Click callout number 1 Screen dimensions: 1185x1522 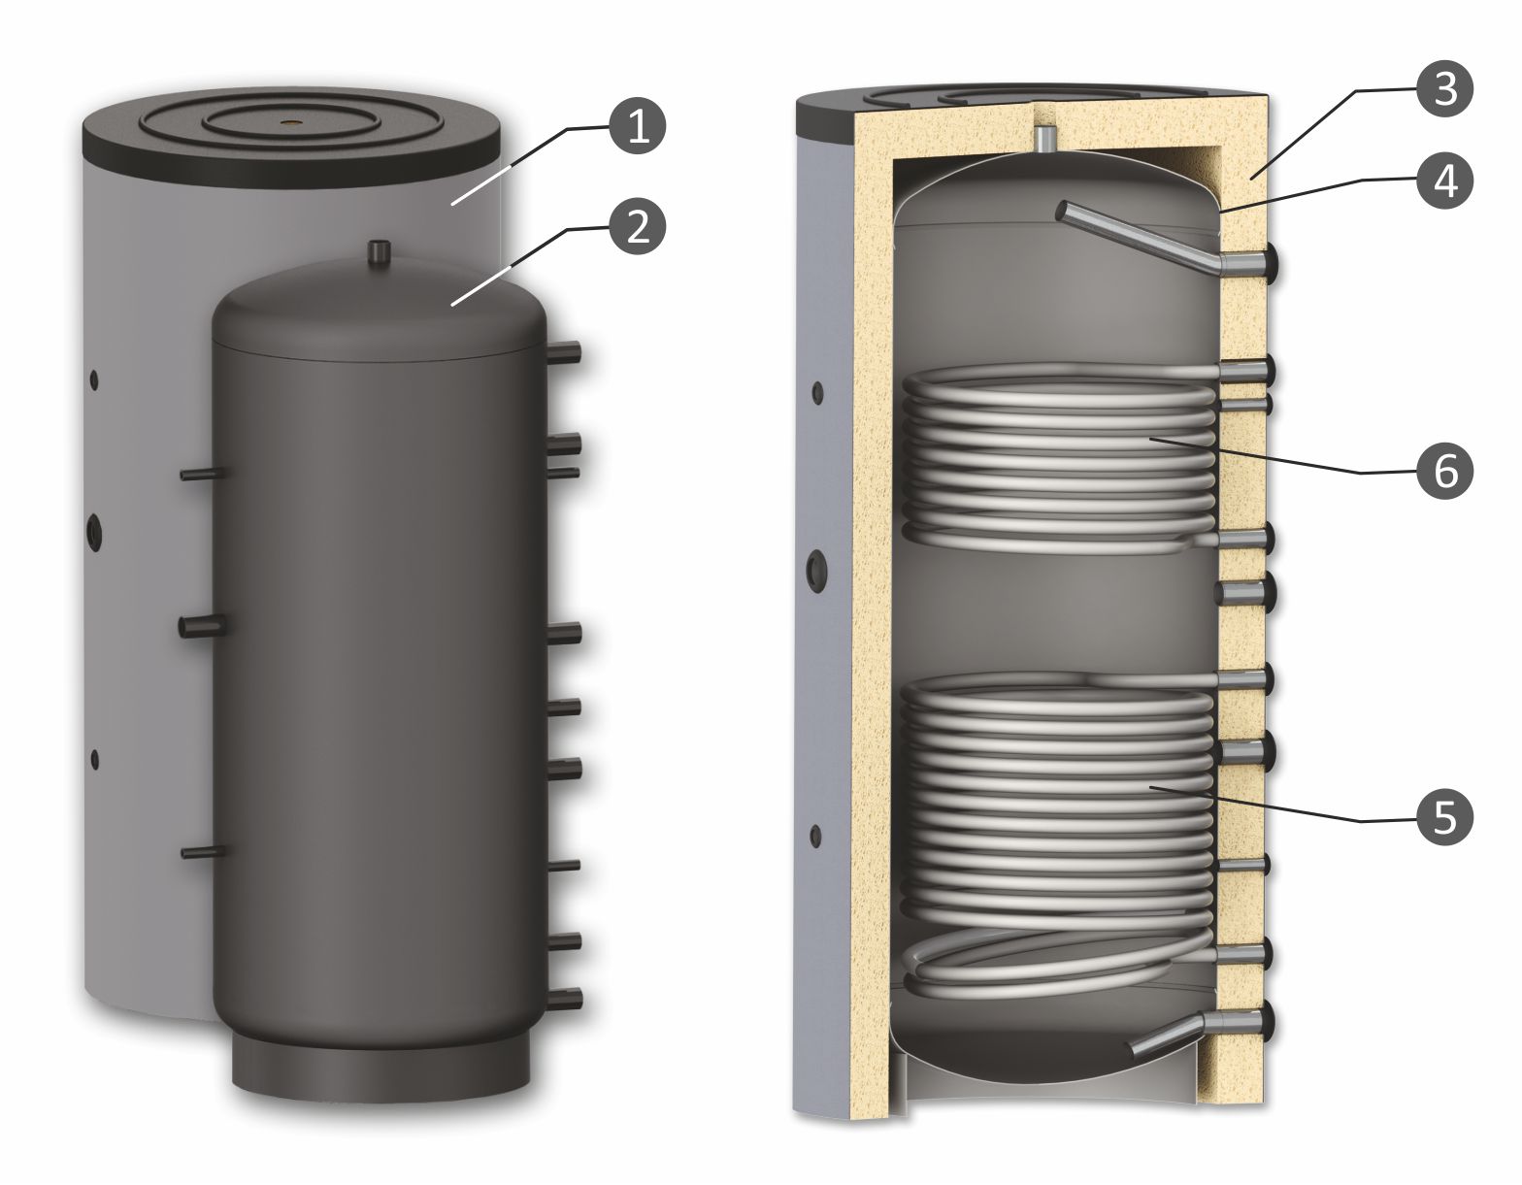pyautogui.click(x=638, y=128)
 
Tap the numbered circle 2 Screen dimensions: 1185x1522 pyautogui.click(x=638, y=228)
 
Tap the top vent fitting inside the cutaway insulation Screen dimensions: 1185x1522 pyautogui.click(x=1045, y=139)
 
